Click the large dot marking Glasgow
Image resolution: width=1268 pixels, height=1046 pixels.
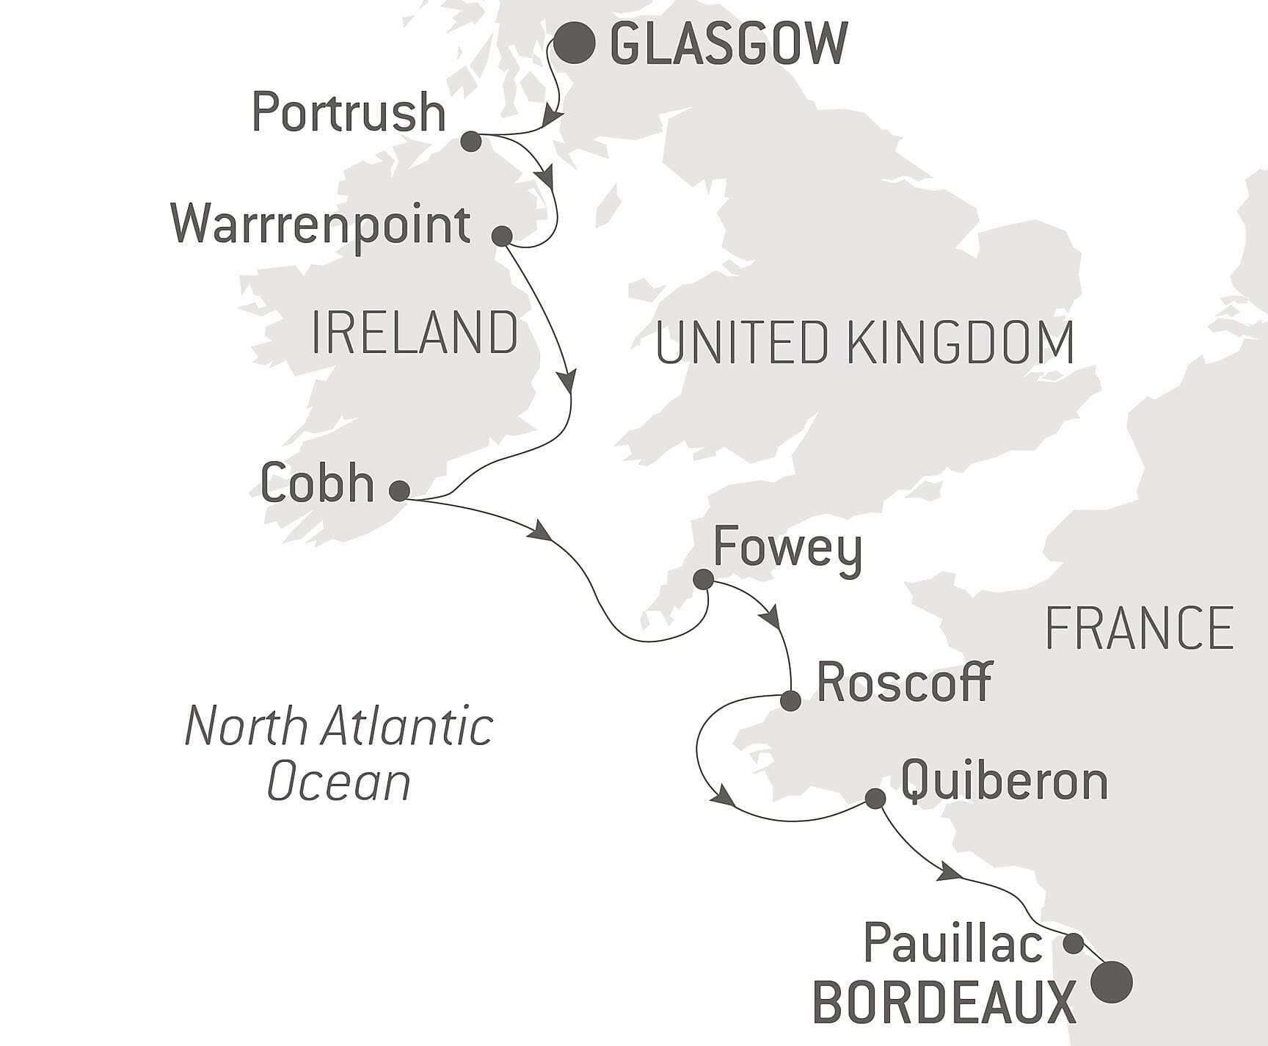[574, 44]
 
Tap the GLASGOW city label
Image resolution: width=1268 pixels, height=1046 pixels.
[729, 44]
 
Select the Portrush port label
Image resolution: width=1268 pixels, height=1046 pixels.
[349, 113]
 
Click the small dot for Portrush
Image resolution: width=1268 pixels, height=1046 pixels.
[471, 142]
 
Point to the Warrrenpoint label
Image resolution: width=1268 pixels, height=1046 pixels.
[321, 225]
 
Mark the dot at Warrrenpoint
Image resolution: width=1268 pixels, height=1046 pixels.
[502, 236]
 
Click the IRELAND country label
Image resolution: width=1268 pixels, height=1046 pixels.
[415, 333]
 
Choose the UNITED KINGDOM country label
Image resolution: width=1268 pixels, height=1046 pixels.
[864, 343]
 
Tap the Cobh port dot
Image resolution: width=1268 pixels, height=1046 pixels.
[399, 490]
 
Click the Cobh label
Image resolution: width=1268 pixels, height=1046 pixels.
[317, 484]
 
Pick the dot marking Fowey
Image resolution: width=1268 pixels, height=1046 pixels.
[703, 580]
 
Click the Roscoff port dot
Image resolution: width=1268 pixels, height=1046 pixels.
[790, 700]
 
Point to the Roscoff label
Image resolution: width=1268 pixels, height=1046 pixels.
[904, 683]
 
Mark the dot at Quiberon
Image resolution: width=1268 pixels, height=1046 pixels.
[875, 798]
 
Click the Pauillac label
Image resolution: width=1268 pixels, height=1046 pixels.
[952, 943]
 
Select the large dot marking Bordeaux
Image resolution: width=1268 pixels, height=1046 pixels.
[1112, 981]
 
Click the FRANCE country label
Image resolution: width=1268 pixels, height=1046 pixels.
[1139, 628]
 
